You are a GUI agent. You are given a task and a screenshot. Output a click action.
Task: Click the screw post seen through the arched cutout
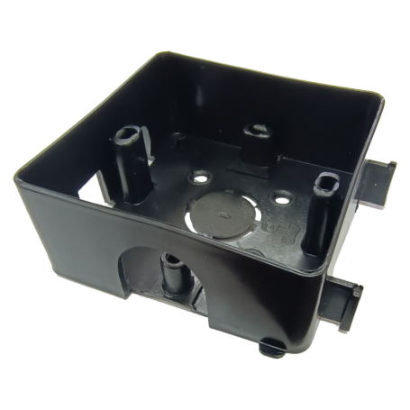[x=170, y=268]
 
